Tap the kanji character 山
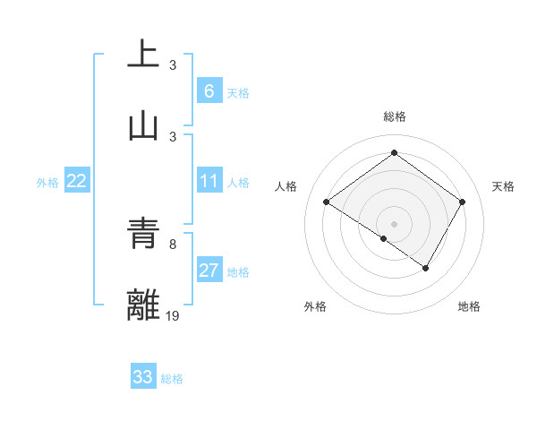point(144,126)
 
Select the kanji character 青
point(144,235)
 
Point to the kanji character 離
point(144,305)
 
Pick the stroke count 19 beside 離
point(173,315)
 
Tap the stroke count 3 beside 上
point(173,64)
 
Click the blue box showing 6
point(209,91)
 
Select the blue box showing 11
point(209,182)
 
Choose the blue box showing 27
point(209,271)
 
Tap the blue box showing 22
point(77,182)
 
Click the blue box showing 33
point(143,377)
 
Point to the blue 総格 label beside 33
point(172,379)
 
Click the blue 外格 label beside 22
point(47,183)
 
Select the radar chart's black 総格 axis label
point(395,116)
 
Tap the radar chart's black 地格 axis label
point(469,307)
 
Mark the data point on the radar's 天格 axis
point(462,202)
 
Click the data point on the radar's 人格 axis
point(327,202)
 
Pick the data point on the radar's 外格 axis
point(384,238)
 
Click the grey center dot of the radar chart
point(395,223)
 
